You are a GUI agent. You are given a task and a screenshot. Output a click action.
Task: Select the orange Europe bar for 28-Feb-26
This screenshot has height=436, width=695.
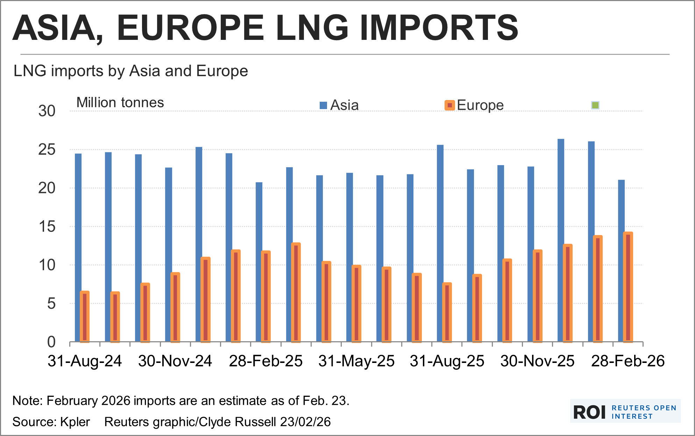(628, 287)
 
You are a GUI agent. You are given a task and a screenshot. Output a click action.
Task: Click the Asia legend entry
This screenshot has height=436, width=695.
(339, 105)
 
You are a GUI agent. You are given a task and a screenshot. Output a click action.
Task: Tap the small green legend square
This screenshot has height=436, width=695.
(595, 105)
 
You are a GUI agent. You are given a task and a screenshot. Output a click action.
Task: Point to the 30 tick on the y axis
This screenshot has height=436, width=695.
(47, 111)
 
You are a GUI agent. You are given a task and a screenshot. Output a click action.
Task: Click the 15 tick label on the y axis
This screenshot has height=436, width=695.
(47, 227)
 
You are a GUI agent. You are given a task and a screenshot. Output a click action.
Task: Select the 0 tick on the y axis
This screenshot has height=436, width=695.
(51, 342)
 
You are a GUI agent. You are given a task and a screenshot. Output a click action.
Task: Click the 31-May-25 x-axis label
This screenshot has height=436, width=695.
(356, 361)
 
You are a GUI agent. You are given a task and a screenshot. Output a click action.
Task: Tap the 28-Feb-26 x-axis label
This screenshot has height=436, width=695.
(628, 361)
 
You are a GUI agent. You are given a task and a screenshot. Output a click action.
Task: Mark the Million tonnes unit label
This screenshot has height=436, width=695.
(120, 103)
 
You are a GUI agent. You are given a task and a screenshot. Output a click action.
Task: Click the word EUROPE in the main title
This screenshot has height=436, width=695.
(191, 28)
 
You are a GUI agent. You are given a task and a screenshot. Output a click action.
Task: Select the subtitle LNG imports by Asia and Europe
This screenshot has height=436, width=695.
(130, 71)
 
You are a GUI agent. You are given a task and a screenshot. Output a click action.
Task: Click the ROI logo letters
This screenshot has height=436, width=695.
(589, 413)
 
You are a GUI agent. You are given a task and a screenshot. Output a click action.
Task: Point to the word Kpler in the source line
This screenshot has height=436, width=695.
(75, 422)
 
